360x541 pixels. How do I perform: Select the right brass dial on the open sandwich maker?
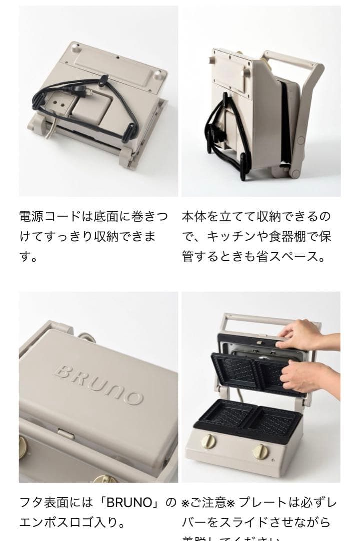tap(260, 451)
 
